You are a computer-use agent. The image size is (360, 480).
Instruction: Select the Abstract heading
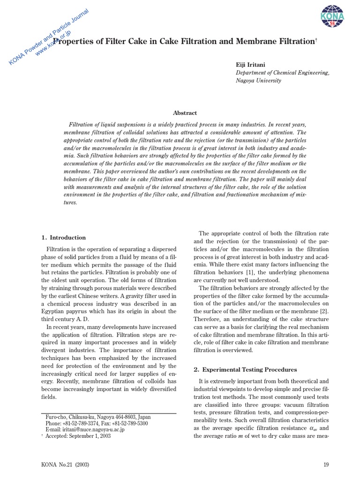pos(185,113)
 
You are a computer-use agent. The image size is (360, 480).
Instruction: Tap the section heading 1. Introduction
pos(64,237)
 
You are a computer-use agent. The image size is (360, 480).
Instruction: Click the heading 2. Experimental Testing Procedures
pos(245,369)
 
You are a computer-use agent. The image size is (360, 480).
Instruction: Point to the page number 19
pos(326,465)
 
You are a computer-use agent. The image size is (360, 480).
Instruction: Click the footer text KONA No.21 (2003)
pos(66,465)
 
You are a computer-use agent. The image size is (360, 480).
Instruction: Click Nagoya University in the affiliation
pos(258,81)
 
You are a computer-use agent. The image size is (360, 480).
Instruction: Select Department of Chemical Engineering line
pos(282,73)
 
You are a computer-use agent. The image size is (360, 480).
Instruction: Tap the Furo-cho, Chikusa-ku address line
pos(98,417)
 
